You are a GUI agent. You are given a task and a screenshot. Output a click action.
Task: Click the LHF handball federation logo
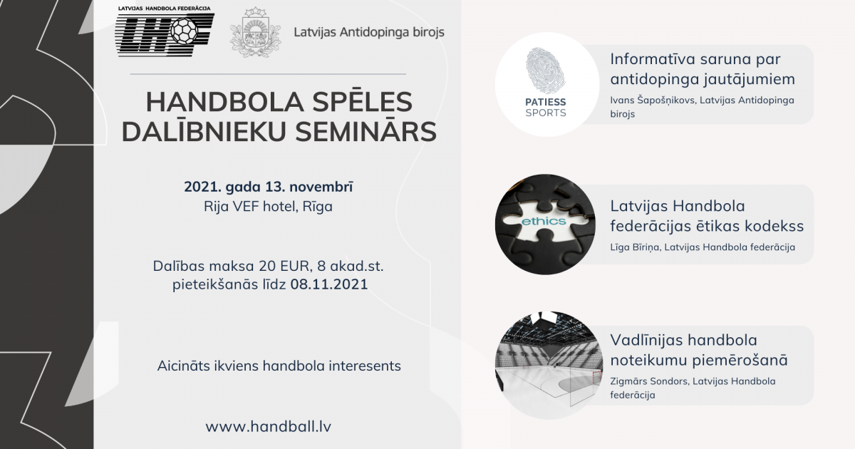(x=165, y=31)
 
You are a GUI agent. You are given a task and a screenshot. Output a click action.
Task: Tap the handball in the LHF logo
(x=184, y=31)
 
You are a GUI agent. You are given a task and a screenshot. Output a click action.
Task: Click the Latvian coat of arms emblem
(x=255, y=33)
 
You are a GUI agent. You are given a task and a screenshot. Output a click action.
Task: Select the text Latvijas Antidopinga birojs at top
(x=369, y=32)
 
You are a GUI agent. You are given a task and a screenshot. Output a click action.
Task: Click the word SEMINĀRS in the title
(x=366, y=132)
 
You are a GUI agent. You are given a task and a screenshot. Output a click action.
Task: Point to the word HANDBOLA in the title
(x=225, y=102)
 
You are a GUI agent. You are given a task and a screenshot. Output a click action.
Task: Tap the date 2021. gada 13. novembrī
(x=269, y=187)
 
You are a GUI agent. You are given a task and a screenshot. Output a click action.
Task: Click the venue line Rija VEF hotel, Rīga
(x=269, y=207)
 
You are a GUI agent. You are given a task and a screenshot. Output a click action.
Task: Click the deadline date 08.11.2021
(x=329, y=284)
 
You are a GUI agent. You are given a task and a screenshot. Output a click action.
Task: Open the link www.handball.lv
(x=269, y=426)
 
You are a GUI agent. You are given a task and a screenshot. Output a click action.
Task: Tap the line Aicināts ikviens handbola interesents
(x=279, y=366)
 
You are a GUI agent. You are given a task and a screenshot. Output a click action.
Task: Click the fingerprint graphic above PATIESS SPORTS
(x=546, y=71)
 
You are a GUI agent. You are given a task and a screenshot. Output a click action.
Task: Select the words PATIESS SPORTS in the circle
(x=546, y=108)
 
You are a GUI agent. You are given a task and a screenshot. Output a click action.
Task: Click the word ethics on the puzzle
(x=544, y=222)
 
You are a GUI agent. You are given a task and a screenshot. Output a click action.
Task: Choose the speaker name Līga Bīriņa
(x=634, y=247)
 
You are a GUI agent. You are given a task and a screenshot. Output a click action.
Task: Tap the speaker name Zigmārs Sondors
(x=649, y=381)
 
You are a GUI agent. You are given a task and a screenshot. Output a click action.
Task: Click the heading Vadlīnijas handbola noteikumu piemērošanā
(x=699, y=350)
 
